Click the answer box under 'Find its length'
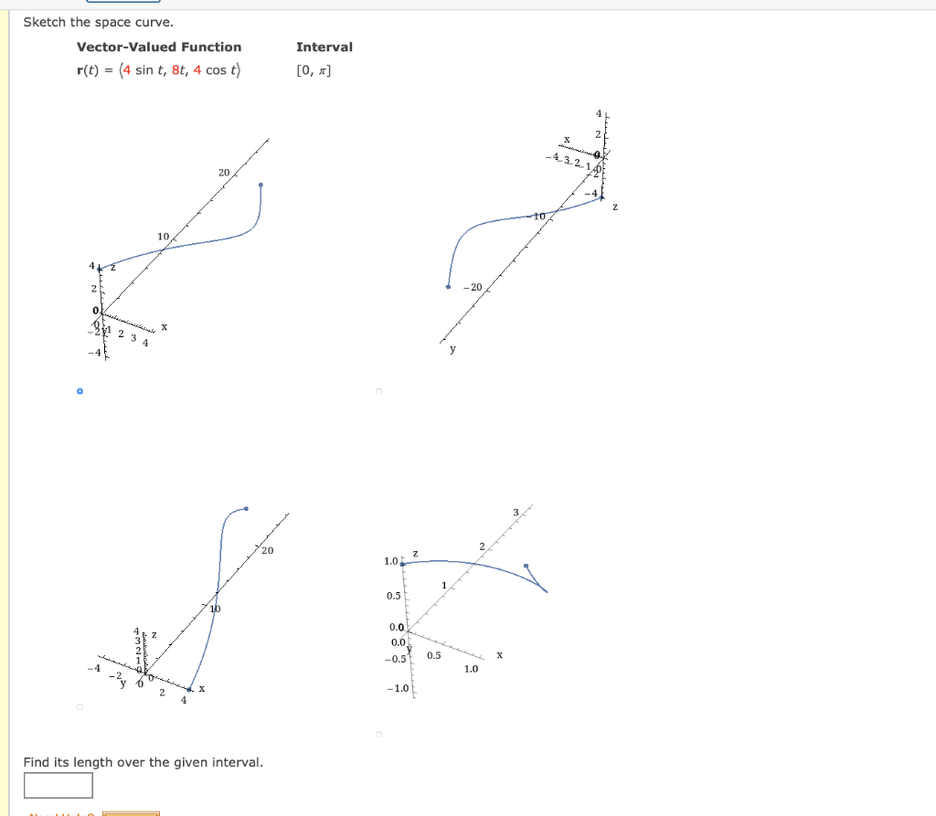[58, 785]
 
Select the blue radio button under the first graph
[80, 391]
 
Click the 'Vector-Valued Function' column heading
[159, 47]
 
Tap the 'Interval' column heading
[324, 47]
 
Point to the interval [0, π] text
[314, 71]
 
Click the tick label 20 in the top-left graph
[224, 172]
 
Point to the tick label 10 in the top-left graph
[163, 237]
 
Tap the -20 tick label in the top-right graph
[473, 287]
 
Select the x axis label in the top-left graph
[165, 326]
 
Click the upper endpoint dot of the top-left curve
[261, 185]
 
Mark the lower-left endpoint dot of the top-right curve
[448, 287]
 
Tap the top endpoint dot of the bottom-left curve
[246, 508]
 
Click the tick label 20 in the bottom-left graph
[267, 551]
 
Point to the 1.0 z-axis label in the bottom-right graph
[390, 560]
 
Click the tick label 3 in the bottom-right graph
[515, 512]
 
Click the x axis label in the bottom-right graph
[499, 654]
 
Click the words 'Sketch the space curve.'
[85, 22]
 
